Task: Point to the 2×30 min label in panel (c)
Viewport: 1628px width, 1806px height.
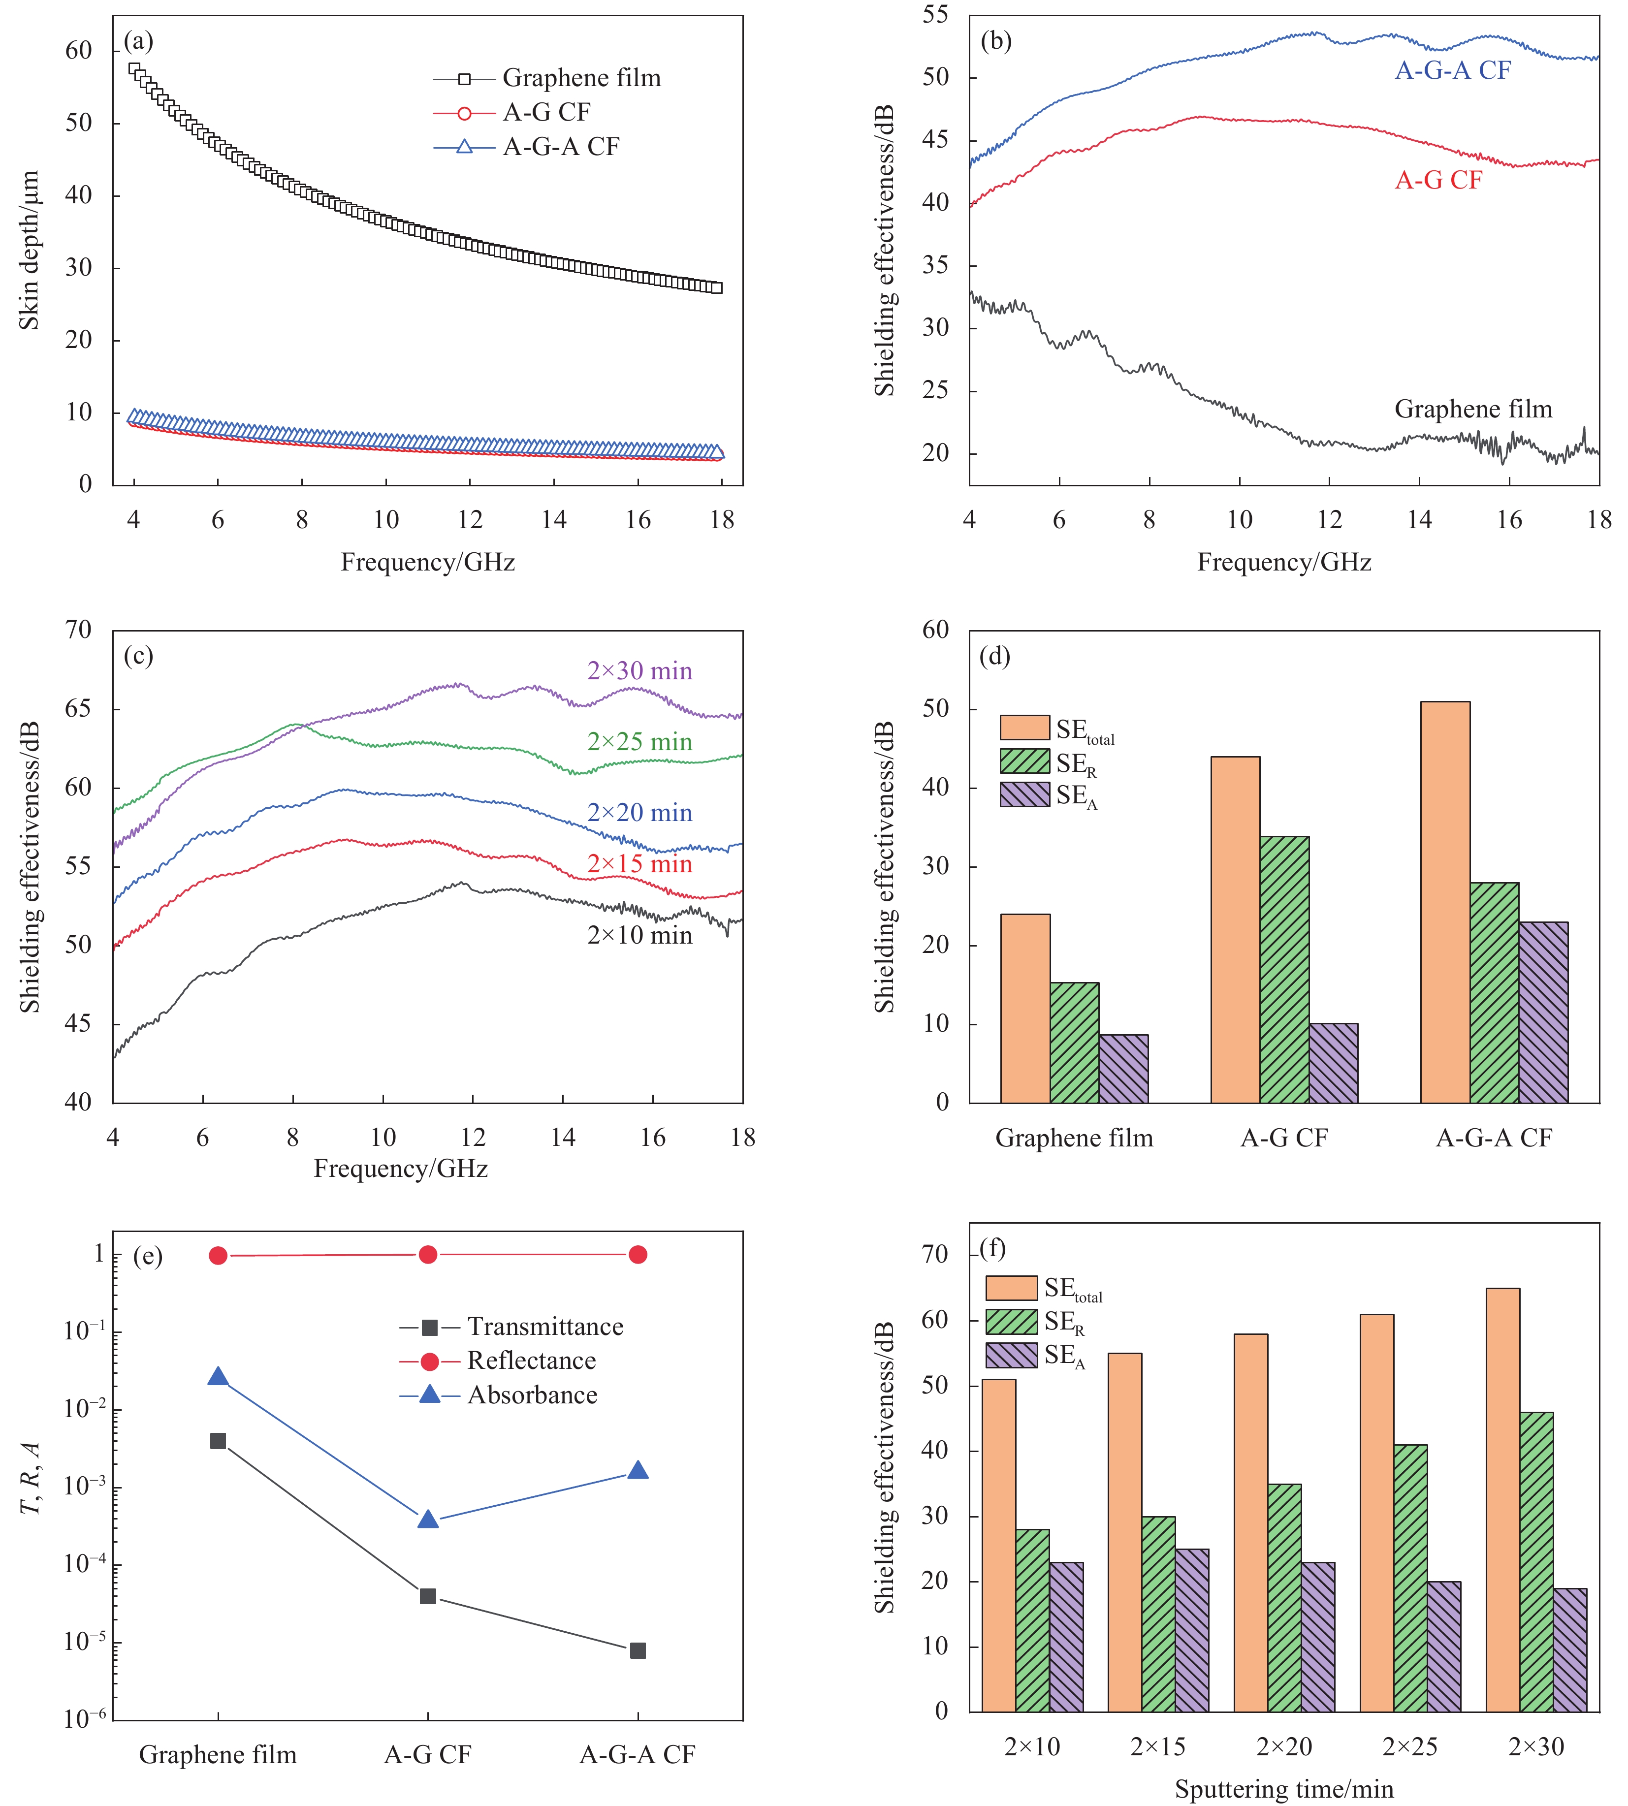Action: coord(639,671)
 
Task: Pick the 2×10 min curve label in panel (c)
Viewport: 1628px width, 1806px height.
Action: coord(639,936)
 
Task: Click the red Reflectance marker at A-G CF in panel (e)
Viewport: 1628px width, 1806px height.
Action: coord(428,1255)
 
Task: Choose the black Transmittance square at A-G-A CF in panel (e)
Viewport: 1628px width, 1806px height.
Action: coord(638,1650)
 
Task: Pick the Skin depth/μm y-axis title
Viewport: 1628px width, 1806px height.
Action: coord(30,251)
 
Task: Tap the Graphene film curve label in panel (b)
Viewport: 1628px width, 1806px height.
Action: coord(1473,410)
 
